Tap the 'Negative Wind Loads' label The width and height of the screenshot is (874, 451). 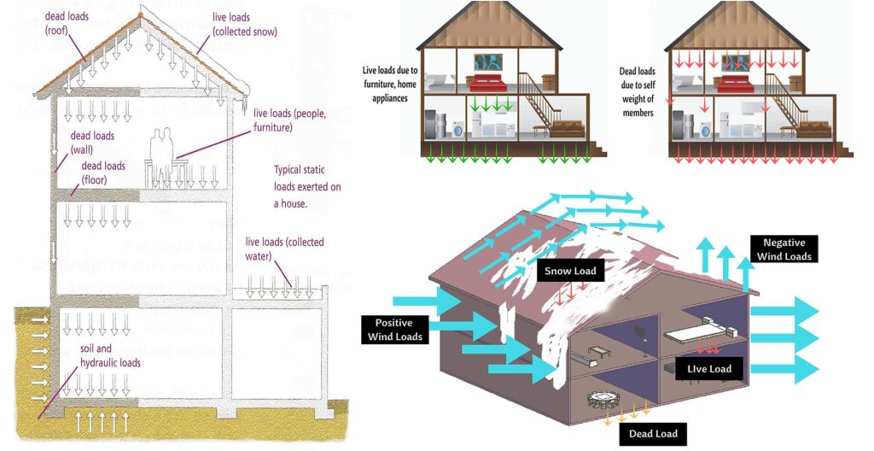click(x=785, y=249)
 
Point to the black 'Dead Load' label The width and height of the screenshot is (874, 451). click(x=653, y=434)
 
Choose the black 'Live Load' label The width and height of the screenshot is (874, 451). click(x=709, y=369)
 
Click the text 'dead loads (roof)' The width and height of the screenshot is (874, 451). click(x=67, y=22)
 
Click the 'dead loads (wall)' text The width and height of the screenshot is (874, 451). click(x=91, y=143)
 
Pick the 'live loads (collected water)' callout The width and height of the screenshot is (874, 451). click(x=284, y=249)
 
